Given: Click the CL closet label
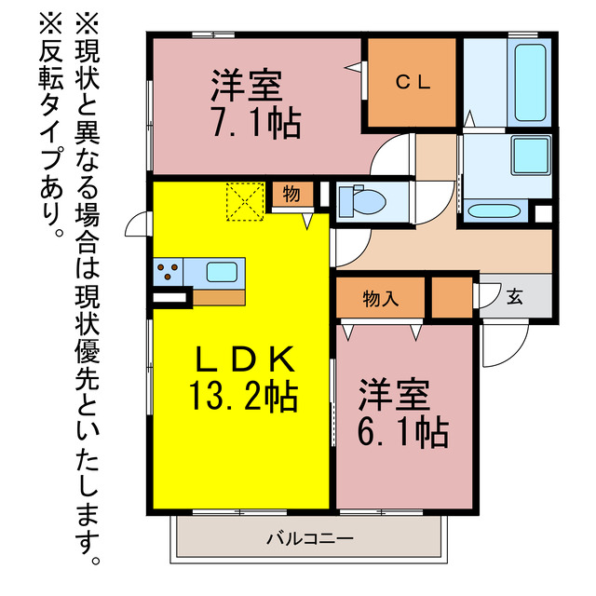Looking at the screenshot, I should coord(411,82).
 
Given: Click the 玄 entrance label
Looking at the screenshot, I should coord(514,298).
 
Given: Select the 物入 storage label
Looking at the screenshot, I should coord(380,299).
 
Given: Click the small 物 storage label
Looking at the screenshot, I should coord(291,195).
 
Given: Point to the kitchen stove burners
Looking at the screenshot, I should coord(169,272).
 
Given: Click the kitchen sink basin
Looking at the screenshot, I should coord(221,273).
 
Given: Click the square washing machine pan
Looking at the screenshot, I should coord(529,156).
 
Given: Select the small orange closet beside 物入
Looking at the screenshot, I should coord(452,298).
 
